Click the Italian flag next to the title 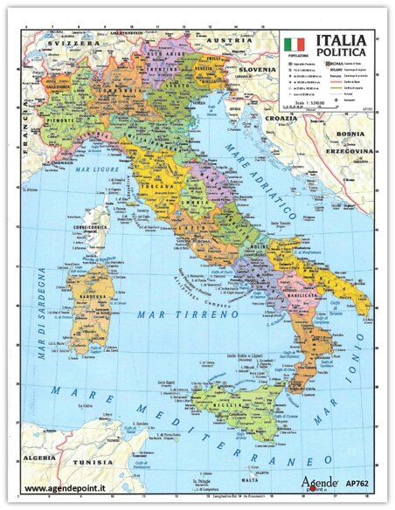pyautogui.click(x=294, y=43)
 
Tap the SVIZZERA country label pyautogui.click(x=73, y=42)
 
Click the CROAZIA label pyautogui.click(x=282, y=117)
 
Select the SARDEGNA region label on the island pyautogui.click(x=91, y=295)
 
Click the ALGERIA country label pyautogui.click(x=39, y=457)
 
